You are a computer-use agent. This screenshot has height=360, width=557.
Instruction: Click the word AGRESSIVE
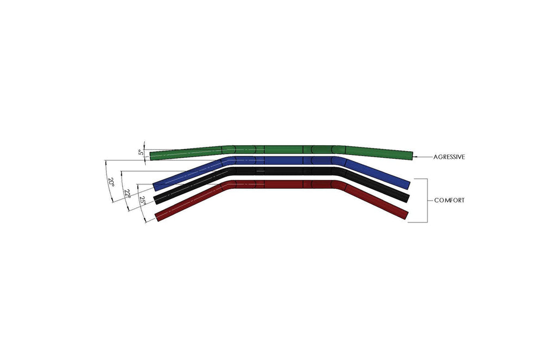click(x=449, y=157)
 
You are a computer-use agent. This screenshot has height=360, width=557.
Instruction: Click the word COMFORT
click(x=449, y=201)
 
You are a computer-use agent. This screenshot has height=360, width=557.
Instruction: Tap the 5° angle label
click(x=141, y=153)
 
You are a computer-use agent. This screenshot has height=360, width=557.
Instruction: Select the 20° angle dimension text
click(x=111, y=182)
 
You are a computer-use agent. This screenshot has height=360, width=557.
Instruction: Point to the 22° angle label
click(x=127, y=194)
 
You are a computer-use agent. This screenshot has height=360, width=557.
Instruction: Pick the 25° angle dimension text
click(x=143, y=201)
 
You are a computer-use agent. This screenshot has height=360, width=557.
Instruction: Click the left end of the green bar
click(x=152, y=156)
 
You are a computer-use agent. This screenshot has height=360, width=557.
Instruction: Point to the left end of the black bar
click(x=157, y=199)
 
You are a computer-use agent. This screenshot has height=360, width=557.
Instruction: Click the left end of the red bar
click(x=158, y=216)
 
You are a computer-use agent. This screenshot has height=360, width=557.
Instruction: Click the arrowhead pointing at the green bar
click(x=416, y=157)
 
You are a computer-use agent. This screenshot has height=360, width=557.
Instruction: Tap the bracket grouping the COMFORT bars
click(x=427, y=201)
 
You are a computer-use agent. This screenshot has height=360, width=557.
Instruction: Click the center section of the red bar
click(x=283, y=184)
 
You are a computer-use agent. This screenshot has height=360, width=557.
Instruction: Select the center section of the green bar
click(x=283, y=149)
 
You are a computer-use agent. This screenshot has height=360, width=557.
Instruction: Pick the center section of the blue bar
click(x=283, y=161)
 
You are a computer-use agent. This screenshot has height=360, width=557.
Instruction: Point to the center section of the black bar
click(x=283, y=171)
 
